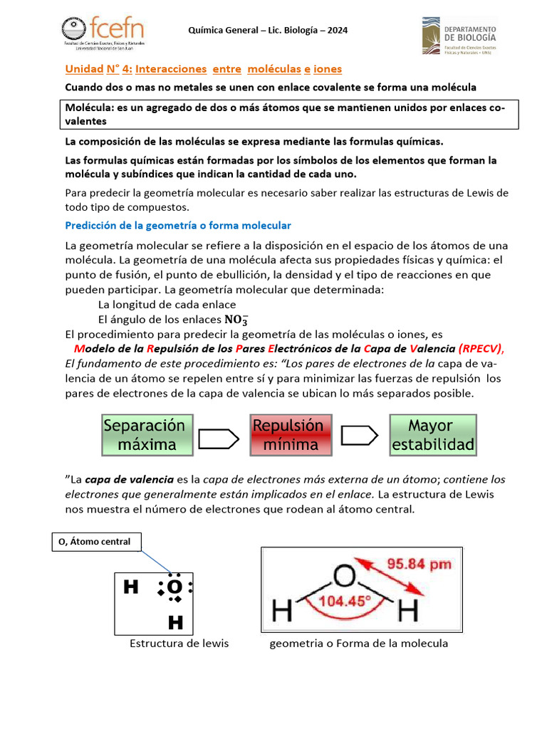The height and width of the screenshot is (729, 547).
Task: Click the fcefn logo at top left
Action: [104, 31]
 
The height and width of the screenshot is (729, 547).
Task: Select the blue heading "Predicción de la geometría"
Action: [178, 226]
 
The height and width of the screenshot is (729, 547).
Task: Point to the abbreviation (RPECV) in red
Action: [481, 349]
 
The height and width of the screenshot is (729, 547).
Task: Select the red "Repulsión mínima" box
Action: [291, 435]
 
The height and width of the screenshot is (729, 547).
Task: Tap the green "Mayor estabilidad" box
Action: [432, 435]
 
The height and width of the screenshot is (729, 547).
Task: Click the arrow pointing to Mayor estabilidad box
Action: [360, 435]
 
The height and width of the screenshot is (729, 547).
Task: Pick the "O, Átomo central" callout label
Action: [95, 542]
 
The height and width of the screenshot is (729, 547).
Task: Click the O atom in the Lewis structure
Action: [174, 587]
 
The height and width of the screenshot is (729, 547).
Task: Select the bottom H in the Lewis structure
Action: [175, 624]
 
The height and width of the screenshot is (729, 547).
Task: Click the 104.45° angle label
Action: [345, 600]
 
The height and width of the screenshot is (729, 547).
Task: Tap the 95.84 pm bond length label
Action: [418, 564]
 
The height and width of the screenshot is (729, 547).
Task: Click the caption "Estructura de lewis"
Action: [179, 644]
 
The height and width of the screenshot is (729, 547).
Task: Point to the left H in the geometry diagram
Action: [281, 610]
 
